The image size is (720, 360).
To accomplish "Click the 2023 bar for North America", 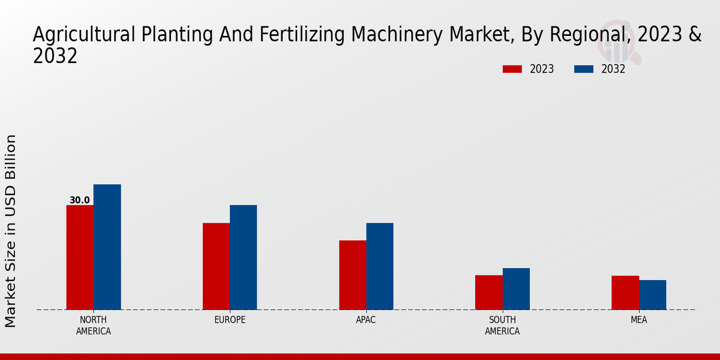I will [80, 257].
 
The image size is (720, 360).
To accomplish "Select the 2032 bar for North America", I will [107, 247].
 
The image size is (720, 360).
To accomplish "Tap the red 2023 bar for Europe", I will [216, 266].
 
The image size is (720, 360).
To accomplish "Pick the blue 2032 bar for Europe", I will [243, 257].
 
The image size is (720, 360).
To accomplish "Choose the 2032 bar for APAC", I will [380, 266].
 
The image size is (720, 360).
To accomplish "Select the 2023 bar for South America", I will [488, 292].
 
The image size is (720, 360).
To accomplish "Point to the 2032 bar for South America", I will [516, 289].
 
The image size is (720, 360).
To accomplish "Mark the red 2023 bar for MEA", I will [625, 293].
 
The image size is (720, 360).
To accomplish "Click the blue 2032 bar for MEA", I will [652, 295].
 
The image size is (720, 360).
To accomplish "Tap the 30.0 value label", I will [79, 200].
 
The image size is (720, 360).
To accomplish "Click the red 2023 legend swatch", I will [512, 69].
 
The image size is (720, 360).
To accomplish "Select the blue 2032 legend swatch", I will [583, 69].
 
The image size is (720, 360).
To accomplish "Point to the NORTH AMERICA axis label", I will [93, 325].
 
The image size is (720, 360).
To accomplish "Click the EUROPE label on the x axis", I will [230, 320].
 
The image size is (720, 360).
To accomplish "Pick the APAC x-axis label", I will [365, 320].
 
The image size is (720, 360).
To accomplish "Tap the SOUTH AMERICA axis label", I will [502, 325].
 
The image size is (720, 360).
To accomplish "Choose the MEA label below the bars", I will [638, 320].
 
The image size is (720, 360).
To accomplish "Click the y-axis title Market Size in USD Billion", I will [11, 231].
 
